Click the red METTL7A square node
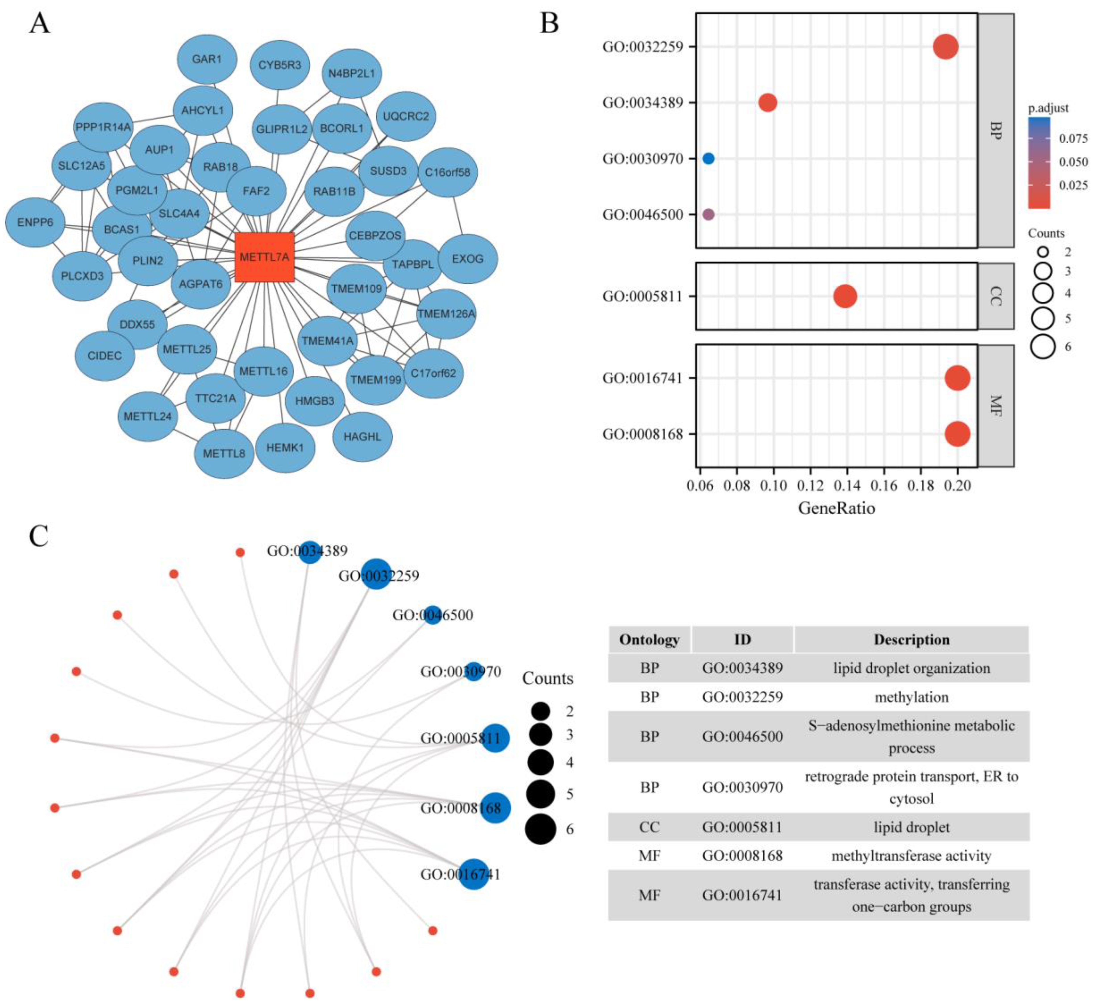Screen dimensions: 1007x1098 (x=264, y=257)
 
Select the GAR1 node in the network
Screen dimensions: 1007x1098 (x=207, y=59)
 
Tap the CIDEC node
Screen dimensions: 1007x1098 (x=105, y=356)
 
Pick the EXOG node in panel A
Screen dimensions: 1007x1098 (x=467, y=259)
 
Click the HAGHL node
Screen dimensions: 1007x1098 (x=362, y=437)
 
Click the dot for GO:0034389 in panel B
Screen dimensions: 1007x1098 (x=767, y=102)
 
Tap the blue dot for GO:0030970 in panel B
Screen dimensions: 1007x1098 (x=708, y=159)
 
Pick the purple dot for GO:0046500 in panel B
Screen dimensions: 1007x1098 (x=708, y=215)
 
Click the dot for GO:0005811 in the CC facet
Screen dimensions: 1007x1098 (x=845, y=297)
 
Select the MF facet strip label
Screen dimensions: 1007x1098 (x=996, y=406)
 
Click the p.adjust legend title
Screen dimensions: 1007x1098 (x=1048, y=108)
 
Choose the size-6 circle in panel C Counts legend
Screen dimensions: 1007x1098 (x=541, y=829)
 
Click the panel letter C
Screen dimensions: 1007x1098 (x=39, y=536)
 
